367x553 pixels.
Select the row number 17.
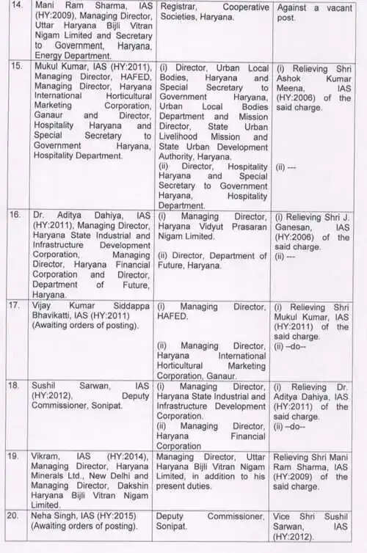click(x=14, y=304)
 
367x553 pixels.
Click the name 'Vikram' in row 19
click(x=44, y=455)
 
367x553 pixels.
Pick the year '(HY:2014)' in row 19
click(x=109, y=455)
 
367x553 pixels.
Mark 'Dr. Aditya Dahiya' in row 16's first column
click(x=70, y=216)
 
